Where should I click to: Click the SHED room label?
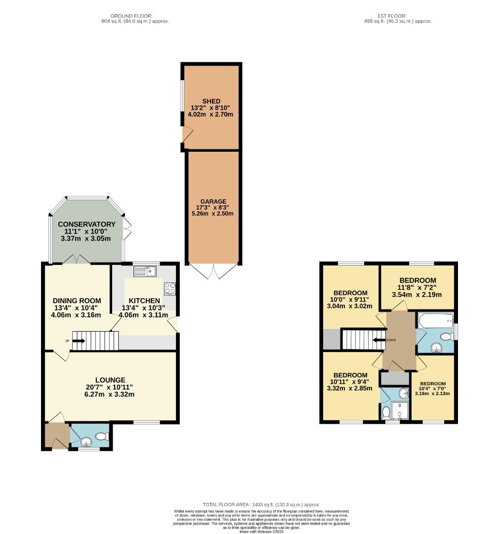211,101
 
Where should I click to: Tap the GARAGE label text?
213,201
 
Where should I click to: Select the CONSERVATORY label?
86,224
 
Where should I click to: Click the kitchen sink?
145,271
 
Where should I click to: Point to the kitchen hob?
170,288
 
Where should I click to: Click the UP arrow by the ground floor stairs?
74,341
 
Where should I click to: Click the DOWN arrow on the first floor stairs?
379,340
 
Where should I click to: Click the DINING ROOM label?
77,301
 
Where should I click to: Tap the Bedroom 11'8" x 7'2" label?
417,280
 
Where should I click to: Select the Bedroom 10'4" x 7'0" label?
433,384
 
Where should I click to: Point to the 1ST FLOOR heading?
398,16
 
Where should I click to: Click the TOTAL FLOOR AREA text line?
261,504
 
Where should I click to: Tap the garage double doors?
213,271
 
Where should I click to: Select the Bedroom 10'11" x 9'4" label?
350,375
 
